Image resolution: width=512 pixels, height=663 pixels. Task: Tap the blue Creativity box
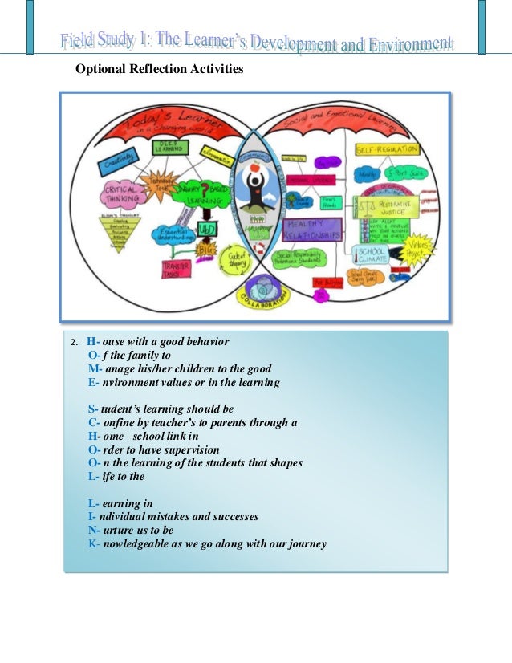118,165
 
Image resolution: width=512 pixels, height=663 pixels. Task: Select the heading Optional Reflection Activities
159,70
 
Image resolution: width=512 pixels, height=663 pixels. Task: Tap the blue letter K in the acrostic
92,544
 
